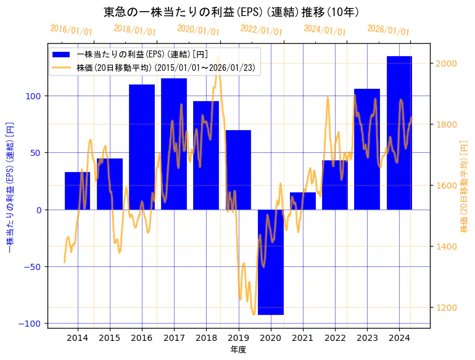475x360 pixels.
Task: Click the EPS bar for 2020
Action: coord(270,262)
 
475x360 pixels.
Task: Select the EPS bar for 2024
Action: coord(399,133)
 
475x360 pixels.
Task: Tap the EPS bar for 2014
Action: coord(77,190)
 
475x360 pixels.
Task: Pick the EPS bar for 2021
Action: coord(303,201)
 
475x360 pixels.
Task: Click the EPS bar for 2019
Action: coord(238,170)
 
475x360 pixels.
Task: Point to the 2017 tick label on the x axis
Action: coord(174,338)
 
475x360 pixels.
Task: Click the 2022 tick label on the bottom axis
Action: coord(335,338)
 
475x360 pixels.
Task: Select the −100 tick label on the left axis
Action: coord(30,324)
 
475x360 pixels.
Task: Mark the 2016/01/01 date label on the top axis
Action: coord(71,30)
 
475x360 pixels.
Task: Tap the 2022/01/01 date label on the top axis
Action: coord(261,30)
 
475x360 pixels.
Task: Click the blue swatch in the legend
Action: coord(62,55)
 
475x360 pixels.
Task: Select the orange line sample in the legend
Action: coord(62,67)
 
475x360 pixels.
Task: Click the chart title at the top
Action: coord(231,12)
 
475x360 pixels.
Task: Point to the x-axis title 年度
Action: coord(238,350)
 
